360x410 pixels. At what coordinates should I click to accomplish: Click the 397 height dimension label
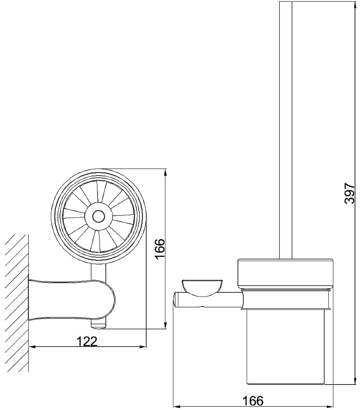tap(350, 193)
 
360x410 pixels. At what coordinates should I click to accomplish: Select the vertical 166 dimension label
tap(160, 249)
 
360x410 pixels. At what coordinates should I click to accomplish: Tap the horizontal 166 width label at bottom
tap(252, 400)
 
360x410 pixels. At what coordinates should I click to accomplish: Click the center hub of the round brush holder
tap(99, 216)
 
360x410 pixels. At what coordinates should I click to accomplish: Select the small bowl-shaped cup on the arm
tap(201, 288)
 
